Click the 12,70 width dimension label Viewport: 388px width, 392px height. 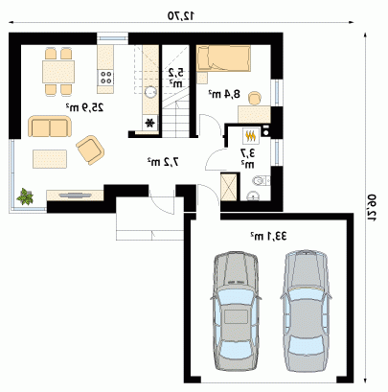coord(181,16)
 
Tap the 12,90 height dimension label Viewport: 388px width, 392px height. coord(372,208)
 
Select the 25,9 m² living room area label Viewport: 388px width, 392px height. coord(85,107)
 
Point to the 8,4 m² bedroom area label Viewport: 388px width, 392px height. coord(224,94)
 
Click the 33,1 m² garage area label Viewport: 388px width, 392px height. coord(268,236)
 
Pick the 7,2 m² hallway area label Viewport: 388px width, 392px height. coord(163,162)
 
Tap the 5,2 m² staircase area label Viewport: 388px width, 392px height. coord(176,78)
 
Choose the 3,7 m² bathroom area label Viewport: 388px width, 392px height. coord(248,158)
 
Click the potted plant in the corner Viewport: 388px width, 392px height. coord(25,196)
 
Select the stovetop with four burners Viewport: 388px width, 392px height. coord(105,78)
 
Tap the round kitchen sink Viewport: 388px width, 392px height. coord(150,92)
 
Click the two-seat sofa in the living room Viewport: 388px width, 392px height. coord(50,127)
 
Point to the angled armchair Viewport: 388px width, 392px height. coord(90,150)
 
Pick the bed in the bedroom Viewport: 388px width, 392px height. coord(223,58)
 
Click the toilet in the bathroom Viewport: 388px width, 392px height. coord(262,181)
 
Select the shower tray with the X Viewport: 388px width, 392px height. coord(229,187)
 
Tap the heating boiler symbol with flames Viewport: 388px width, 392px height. coord(251,136)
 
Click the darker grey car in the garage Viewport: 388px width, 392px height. coord(236,311)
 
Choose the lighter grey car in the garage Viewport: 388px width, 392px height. coord(306,311)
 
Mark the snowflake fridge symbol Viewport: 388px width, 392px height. coord(150,123)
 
